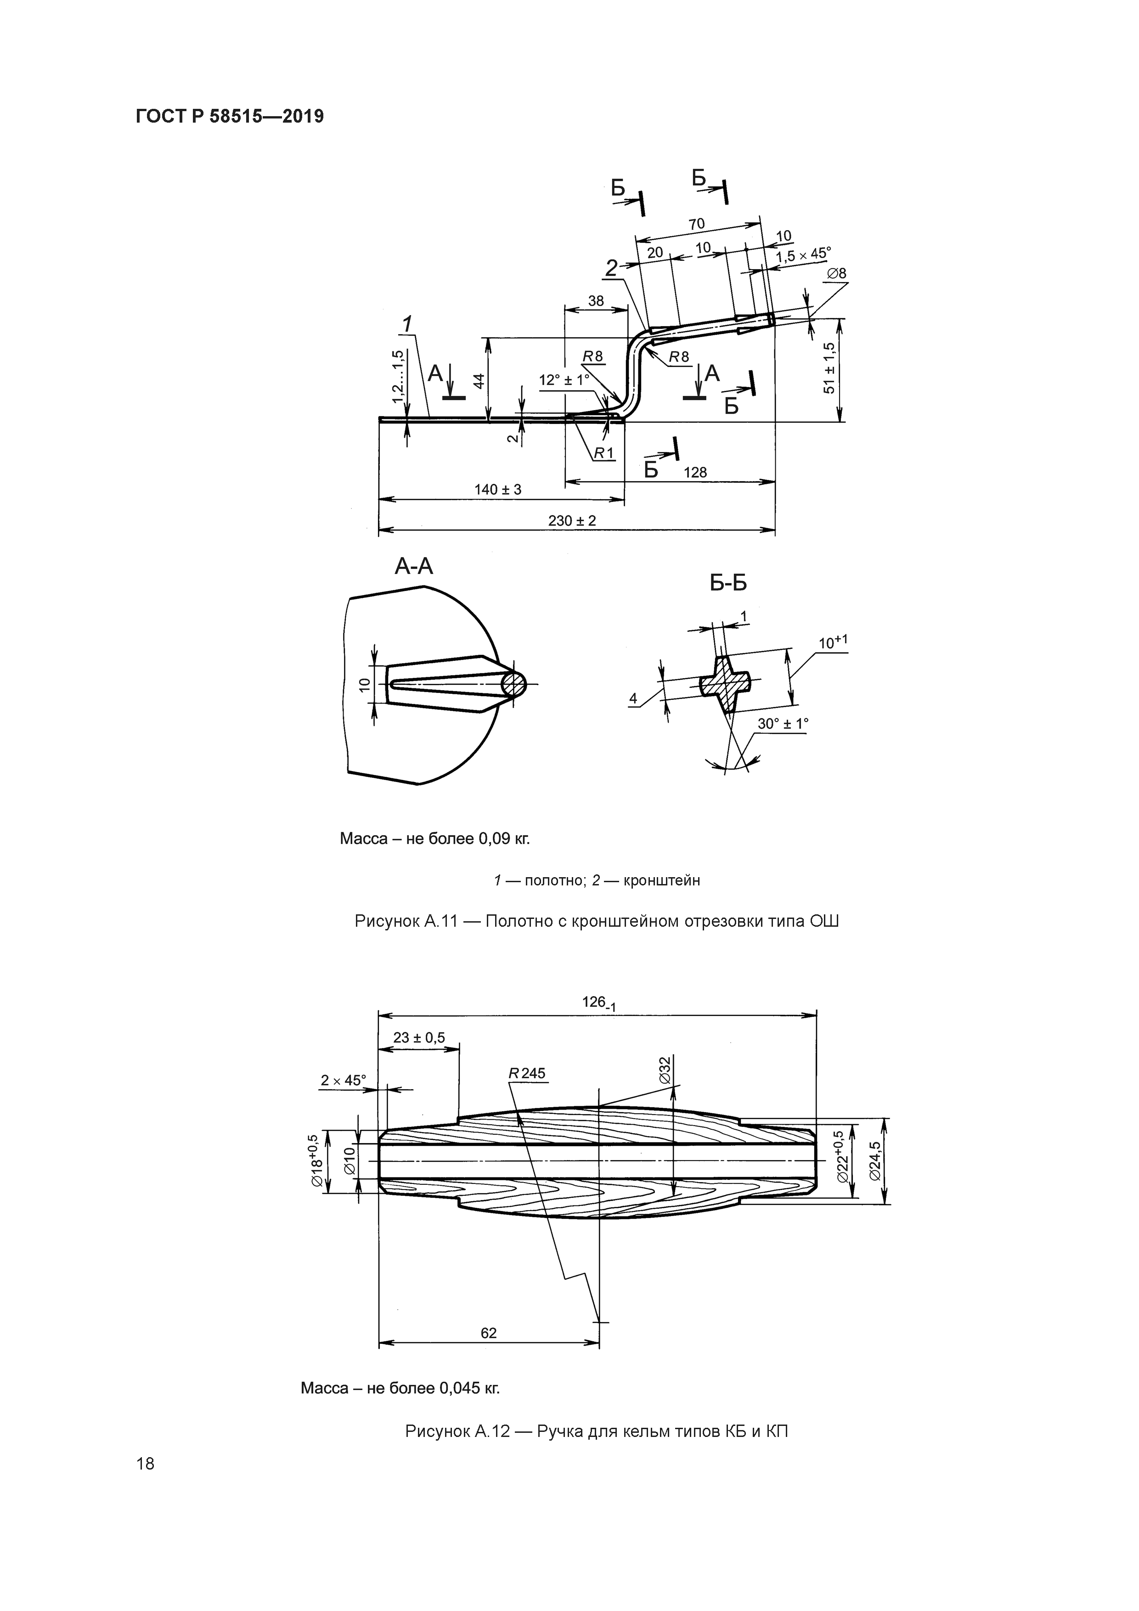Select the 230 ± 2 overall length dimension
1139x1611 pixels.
pos(571,521)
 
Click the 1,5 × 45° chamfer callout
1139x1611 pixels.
pos(803,255)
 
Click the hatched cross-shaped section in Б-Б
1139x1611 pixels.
pos(725,683)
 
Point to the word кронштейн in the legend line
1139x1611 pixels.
pos(661,880)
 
